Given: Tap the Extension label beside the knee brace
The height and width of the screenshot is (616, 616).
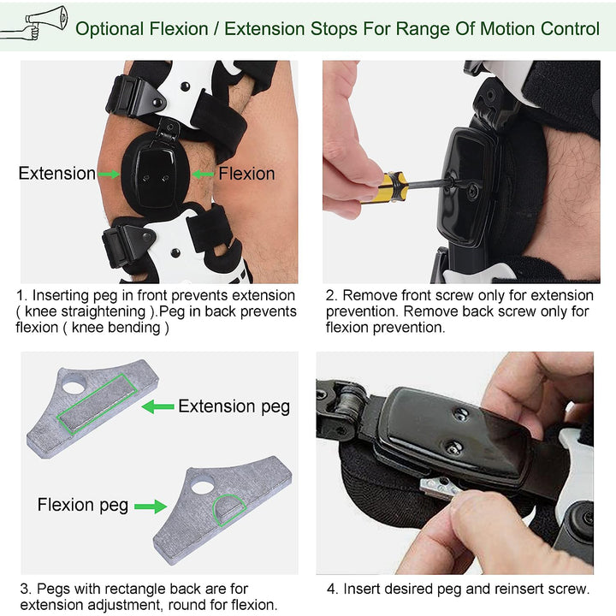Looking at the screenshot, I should pyautogui.click(x=57, y=174).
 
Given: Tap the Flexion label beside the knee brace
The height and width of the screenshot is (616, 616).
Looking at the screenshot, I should pyautogui.click(x=246, y=174).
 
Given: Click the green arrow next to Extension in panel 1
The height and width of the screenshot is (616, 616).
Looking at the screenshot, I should pyautogui.click(x=109, y=174).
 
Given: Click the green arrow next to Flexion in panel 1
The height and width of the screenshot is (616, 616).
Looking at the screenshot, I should pyautogui.click(x=202, y=174).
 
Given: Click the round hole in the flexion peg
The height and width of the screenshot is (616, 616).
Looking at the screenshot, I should pyautogui.click(x=203, y=487).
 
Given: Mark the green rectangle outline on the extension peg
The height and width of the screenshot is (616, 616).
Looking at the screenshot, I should pyautogui.click(x=95, y=405).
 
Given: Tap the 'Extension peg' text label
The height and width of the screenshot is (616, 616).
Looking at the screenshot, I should pyautogui.click(x=234, y=406).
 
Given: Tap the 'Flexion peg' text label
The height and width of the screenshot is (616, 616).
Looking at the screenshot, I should pyautogui.click(x=83, y=505).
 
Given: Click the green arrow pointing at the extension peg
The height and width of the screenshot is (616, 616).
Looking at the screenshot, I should pyautogui.click(x=157, y=406).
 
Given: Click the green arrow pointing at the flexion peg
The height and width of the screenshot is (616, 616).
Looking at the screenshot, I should pyautogui.click(x=151, y=506).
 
